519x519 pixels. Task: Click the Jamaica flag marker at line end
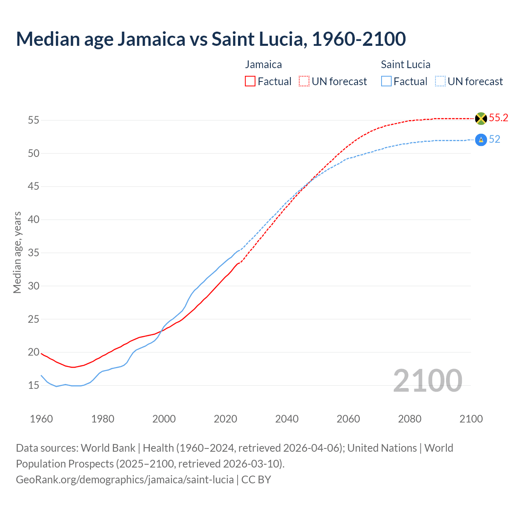481,118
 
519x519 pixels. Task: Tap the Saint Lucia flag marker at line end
481,140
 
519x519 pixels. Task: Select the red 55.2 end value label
498,118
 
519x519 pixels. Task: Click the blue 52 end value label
494,139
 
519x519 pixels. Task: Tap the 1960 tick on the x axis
41,419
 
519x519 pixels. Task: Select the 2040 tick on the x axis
287,419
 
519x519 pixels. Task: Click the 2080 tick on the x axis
410,419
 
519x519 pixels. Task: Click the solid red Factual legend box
250,81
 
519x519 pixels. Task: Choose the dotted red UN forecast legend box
304,81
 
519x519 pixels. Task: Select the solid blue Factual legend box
386,81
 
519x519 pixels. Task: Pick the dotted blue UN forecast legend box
440,81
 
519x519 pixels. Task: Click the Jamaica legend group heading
263,64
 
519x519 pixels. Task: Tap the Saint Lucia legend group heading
405,64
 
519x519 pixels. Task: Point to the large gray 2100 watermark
427,381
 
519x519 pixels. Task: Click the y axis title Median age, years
17,252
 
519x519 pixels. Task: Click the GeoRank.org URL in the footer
124,480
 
